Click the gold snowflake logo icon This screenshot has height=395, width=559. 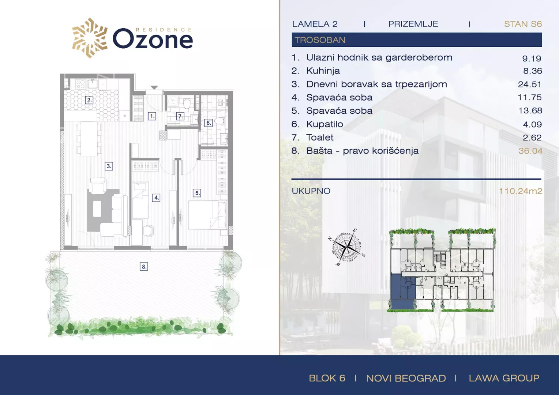tap(90, 38)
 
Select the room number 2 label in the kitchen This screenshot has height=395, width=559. tap(89, 100)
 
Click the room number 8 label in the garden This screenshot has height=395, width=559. tap(144, 267)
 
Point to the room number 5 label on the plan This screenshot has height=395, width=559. tap(197, 193)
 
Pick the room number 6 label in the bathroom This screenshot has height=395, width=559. tap(209, 123)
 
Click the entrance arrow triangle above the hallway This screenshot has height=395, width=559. tap(154, 87)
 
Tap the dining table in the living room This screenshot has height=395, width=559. tap(89, 139)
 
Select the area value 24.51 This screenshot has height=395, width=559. tap(530, 84)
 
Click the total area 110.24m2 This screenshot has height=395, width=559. tap(521, 191)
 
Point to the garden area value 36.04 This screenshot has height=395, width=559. tap(530, 151)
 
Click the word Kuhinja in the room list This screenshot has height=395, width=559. tap(323, 71)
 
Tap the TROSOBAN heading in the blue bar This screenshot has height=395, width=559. tap(320, 40)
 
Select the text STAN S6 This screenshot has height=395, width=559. tap(523, 24)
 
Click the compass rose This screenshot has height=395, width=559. tap(346, 247)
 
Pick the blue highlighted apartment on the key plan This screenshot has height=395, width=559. tap(402, 292)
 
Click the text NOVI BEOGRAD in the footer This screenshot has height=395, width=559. tap(406, 378)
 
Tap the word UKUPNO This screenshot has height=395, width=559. tap(311, 191)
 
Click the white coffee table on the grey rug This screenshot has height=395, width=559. tap(97, 209)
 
